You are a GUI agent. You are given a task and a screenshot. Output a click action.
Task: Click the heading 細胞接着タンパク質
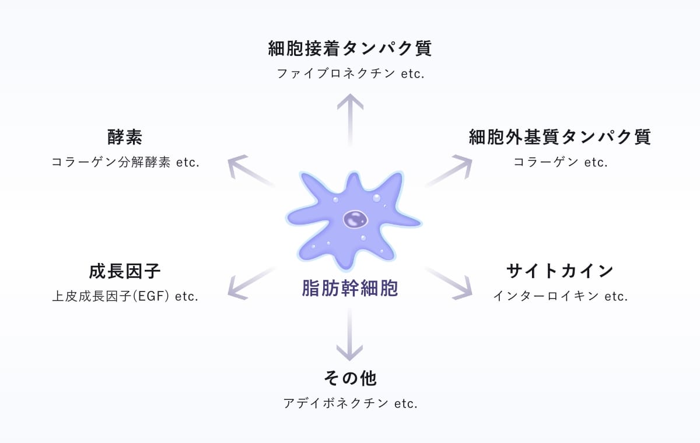click(350, 48)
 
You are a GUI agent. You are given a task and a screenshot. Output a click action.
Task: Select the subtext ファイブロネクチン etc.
click(350, 74)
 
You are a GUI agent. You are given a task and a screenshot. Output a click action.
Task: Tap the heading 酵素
click(125, 137)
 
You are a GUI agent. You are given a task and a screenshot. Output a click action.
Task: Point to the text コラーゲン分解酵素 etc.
click(125, 163)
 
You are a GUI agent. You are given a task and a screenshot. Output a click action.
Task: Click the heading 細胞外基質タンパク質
click(560, 137)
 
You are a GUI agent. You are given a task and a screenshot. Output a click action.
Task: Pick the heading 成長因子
click(125, 271)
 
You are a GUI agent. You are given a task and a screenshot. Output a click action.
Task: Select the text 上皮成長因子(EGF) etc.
click(125, 296)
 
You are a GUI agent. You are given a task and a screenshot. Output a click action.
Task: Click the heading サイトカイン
click(560, 271)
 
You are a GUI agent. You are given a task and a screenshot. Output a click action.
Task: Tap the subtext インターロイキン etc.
click(560, 296)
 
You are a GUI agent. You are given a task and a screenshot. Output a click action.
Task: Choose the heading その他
click(350, 378)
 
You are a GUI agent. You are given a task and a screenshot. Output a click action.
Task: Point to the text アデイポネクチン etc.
click(350, 403)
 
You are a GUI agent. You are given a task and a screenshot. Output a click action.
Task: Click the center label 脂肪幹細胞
click(350, 288)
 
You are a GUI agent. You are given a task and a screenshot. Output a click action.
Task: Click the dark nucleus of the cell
click(355, 220)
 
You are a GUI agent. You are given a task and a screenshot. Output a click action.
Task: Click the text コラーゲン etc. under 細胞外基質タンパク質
click(560, 163)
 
